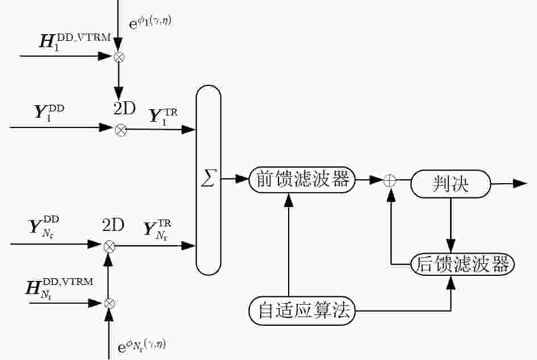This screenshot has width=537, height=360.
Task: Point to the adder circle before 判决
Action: pyautogui.click(x=389, y=180)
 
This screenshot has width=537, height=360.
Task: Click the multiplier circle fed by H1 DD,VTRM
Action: pyautogui.click(x=119, y=57)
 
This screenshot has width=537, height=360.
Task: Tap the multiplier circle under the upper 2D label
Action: pyautogui.click(x=120, y=130)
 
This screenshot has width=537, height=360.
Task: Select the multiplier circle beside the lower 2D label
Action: pyautogui.click(x=109, y=246)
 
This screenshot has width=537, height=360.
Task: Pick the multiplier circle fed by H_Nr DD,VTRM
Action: pyautogui.click(x=109, y=303)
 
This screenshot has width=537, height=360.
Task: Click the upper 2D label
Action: pyautogui.click(x=124, y=109)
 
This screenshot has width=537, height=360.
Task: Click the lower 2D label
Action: pyautogui.click(x=113, y=225)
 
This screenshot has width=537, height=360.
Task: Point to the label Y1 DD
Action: pyautogui.click(x=49, y=112)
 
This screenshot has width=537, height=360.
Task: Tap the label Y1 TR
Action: pyautogui.click(x=163, y=117)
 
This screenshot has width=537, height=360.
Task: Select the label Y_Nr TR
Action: pyautogui.click(x=157, y=230)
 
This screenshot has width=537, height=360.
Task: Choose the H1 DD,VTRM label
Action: pyautogui.click(x=75, y=42)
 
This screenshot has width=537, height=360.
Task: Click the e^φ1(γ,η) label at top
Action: pyautogui.click(x=150, y=22)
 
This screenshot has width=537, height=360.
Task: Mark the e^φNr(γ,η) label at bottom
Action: pyautogui.click(x=142, y=346)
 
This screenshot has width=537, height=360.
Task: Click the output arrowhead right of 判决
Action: pyautogui.click(x=520, y=184)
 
